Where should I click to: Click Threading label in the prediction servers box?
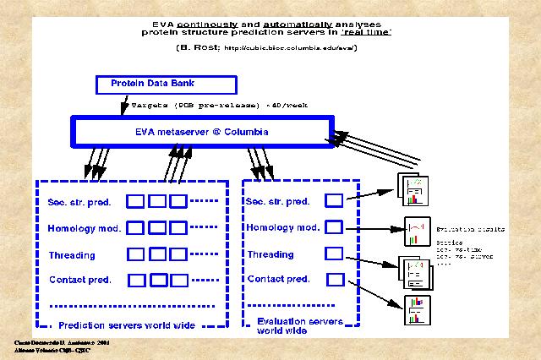(73, 255)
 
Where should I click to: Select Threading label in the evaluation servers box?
(270, 254)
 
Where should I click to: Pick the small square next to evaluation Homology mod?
(334, 227)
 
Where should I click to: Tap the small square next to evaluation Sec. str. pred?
(334, 201)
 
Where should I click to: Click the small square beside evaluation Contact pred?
(335, 279)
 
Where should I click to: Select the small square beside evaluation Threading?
(334, 253)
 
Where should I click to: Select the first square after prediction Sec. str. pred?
(135, 202)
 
